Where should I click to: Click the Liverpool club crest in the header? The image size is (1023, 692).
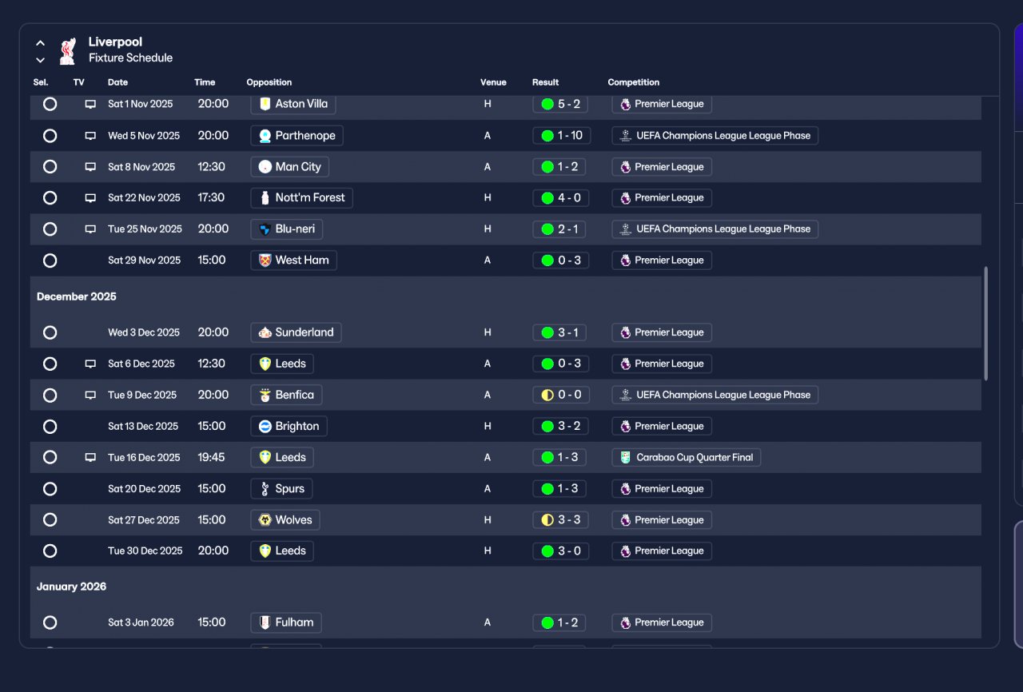click(x=68, y=50)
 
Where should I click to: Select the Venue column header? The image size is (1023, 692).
click(x=493, y=82)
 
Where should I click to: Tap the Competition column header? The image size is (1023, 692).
click(x=633, y=82)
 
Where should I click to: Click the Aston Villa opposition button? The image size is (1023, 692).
click(x=293, y=104)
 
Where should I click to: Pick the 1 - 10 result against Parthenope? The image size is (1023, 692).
click(x=562, y=136)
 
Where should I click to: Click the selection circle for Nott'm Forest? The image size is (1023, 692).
click(x=50, y=198)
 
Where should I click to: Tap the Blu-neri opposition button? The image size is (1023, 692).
click(x=286, y=229)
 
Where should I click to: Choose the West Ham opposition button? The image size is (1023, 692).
click(x=293, y=260)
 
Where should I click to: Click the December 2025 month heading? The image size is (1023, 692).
click(x=77, y=296)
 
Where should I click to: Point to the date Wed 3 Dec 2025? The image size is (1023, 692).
click(x=144, y=332)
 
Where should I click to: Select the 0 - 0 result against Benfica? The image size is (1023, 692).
click(x=561, y=395)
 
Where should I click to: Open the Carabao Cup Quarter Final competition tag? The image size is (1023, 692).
click(x=687, y=458)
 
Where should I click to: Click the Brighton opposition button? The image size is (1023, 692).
click(x=289, y=427)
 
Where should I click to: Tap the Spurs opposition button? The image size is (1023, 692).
click(x=281, y=489)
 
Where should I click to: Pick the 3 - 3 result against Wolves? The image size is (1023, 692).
click(x=561, y=520)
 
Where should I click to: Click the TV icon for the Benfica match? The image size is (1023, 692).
click(x=90, y=395)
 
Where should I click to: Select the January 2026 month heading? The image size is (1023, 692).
click(x=71, y=587)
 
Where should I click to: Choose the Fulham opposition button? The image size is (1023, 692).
click(x=286, y=622)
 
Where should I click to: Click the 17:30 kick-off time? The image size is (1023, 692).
click(x=212, y=198)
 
